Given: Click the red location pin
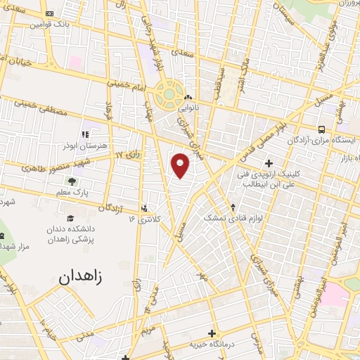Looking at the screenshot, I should (x=181, y=165).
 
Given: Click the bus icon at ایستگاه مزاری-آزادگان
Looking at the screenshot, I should (x=322, y=129).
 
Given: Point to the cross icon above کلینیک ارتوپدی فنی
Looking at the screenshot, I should (x=269, y=163).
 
